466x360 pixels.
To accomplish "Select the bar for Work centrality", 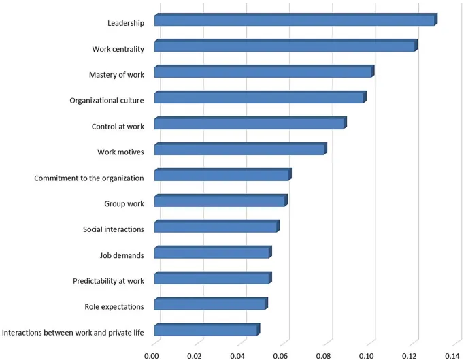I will click(x=284, y=46).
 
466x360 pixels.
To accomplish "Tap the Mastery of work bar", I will click(x=263, y=72).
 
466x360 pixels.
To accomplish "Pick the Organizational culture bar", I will click(x=259, y=98).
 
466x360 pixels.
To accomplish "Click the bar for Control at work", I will click(x=250, y=124).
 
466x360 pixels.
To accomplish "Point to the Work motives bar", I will click(x=239, y=150).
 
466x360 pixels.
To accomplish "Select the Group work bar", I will click(x=220, y=201).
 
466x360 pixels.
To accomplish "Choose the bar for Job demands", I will click(x=212, y=253).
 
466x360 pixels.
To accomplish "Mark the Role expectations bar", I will click(x=210, y=305).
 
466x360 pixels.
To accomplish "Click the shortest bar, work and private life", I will click(x=206, y=331).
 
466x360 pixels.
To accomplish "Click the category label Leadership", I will click(x=126, y=23).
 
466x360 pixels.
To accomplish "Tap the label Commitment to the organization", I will click(x=89, y=178).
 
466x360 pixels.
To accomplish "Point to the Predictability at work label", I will click(x=109, y=281).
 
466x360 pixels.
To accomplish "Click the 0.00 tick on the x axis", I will click(x=152, y=355).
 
